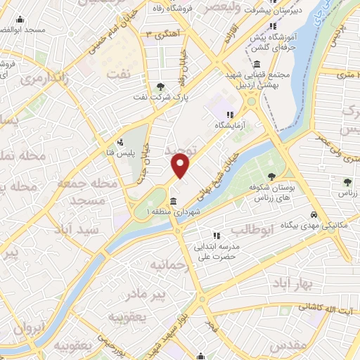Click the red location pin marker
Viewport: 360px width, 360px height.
pos(181,165)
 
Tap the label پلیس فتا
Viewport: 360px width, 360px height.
pos(134,151)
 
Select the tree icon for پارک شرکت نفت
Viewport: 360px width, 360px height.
pos(162,87)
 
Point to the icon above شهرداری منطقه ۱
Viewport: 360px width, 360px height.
pos(172,202)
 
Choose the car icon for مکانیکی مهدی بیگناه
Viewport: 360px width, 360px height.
pos(314,216)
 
